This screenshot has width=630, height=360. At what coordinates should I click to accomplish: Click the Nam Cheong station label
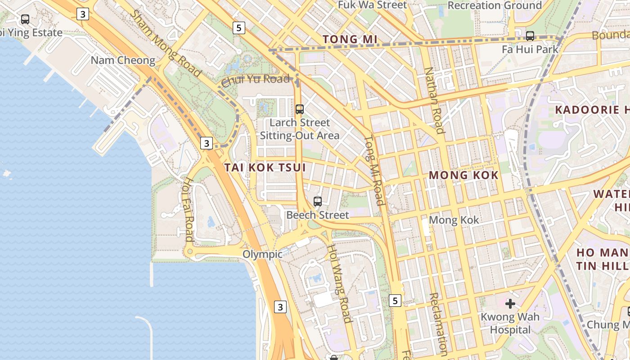pos(123,60)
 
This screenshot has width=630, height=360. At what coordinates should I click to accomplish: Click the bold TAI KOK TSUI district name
pos(265,167)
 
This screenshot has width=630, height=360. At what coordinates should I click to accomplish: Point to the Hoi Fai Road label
pos(189,209)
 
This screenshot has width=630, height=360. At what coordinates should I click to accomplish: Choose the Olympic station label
pos(262,254)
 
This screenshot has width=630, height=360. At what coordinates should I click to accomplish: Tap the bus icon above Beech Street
pos(318,201)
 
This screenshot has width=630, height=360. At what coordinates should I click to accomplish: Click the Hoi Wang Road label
pos(339,283)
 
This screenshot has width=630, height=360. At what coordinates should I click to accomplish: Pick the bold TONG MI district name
pos(350,40)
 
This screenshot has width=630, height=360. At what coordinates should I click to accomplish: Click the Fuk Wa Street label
pos(372,5)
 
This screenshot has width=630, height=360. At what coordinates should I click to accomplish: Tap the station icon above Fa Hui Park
pos(530,36)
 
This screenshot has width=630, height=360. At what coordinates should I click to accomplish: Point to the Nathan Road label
pos(435,100)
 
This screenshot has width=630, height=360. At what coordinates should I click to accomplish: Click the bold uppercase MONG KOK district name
pos(463,175)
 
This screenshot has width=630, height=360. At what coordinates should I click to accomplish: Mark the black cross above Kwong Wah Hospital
pos(510,304)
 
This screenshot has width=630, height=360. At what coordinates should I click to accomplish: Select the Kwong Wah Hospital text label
pos(510,323)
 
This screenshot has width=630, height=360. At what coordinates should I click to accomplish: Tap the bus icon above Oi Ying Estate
pos(25,19)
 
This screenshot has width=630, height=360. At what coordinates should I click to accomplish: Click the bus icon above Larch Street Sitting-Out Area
pos(299,109)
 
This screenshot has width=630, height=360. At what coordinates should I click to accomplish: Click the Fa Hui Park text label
pos(530,49)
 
